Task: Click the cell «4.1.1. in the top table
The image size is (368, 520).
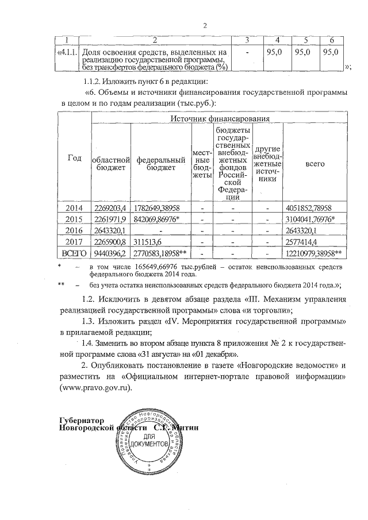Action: (x=66, y=52)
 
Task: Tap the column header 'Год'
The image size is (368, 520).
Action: (x=75, y=159)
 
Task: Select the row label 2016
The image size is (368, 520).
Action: (x=75, y=230)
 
